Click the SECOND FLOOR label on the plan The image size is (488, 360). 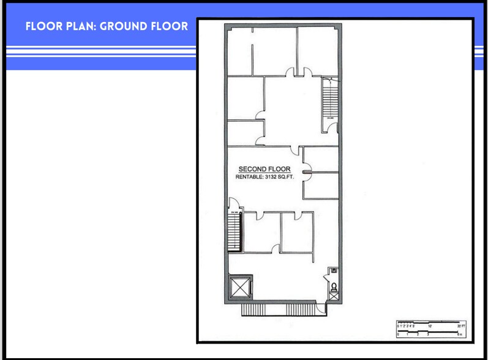[264, 169]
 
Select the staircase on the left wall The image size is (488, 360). [233, 231]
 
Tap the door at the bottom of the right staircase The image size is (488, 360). [331, 128]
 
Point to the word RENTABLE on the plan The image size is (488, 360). [249, 178]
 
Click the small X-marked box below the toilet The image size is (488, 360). [333, 296]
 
